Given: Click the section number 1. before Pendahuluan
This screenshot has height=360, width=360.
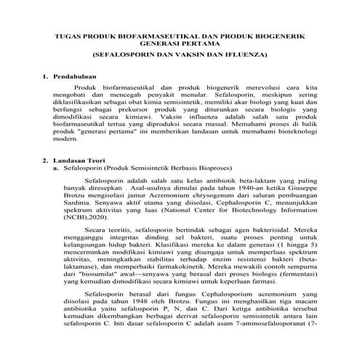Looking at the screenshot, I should pos(46,76).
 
